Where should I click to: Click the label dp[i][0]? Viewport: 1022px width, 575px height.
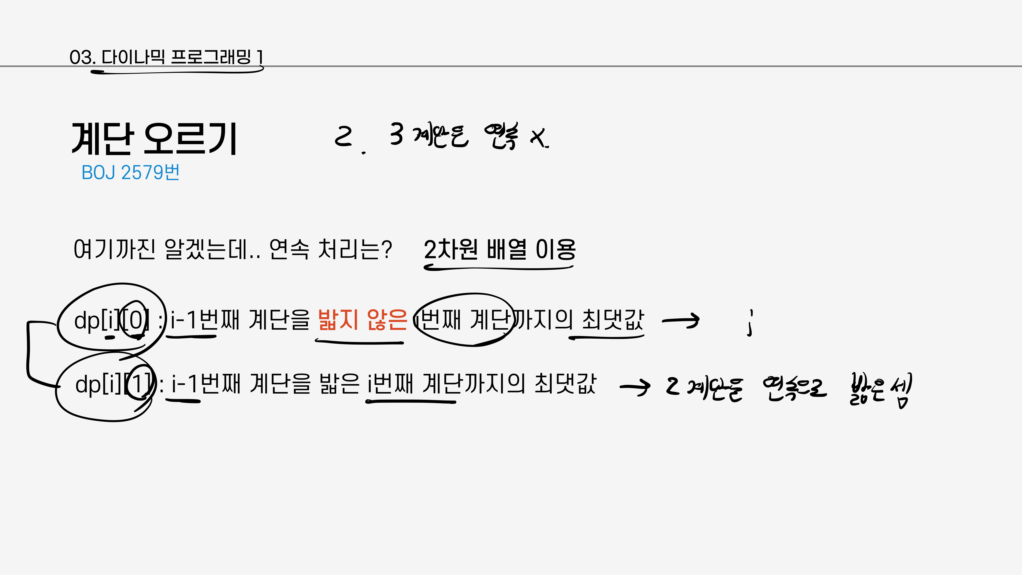tap(111, 320)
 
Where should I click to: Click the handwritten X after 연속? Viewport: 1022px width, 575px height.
tap(539, 138)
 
